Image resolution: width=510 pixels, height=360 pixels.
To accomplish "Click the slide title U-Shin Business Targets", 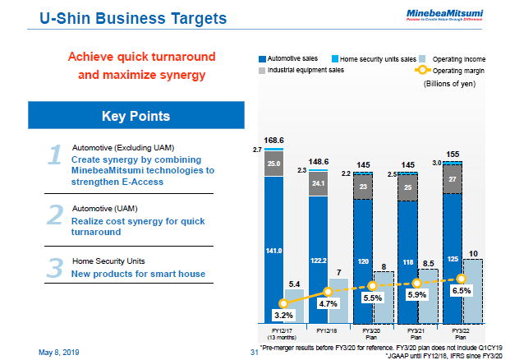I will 120,16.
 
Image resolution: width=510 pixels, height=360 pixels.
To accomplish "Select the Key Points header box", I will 136,116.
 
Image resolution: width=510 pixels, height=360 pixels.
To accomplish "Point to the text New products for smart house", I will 138,274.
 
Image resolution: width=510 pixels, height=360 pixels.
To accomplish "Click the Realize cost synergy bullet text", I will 135,221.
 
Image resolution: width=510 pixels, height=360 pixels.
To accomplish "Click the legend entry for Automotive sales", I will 289,59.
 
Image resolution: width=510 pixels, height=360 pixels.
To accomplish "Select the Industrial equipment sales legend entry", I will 305,71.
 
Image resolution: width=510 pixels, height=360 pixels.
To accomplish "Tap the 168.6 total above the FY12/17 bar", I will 274,141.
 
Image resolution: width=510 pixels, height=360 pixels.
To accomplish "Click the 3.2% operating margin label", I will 283,315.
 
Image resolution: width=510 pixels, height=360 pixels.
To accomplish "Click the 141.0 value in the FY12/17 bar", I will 273,250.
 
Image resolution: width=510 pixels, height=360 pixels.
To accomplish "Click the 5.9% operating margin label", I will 417,294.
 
